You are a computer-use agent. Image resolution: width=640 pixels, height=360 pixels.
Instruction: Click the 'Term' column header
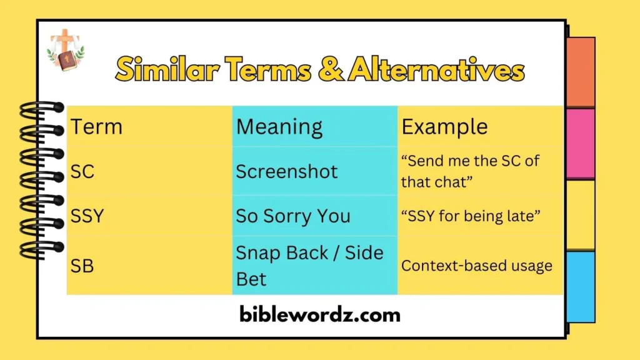[96, 127]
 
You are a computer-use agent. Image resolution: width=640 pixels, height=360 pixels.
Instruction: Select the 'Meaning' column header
[279, 127]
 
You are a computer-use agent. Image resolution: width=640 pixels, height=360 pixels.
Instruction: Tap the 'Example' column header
[444, 127]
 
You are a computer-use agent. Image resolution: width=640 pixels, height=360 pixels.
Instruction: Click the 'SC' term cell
[82, 171]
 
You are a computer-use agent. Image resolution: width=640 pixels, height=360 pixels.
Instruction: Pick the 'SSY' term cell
[87, 216]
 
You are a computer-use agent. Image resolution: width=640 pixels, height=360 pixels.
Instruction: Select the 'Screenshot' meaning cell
[287, 171]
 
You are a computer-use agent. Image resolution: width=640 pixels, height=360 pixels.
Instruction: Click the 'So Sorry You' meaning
[293, 216]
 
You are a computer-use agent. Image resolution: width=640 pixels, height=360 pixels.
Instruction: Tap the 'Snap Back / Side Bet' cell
[309, 266]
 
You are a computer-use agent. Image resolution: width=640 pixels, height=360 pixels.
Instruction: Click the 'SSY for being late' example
[471, 216]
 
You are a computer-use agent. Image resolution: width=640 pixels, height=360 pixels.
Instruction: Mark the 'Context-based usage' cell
[477, 266]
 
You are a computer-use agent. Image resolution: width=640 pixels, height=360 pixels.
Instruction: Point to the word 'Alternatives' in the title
[436, 69]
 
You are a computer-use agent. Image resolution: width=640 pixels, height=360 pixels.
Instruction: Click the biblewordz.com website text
[319, 314]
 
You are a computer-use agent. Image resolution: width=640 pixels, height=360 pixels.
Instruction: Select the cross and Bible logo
[65, 50]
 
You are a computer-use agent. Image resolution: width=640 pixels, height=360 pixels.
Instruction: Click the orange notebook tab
[580, 72]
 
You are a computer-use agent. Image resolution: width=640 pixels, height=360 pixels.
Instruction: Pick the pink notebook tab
[580, 144]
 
